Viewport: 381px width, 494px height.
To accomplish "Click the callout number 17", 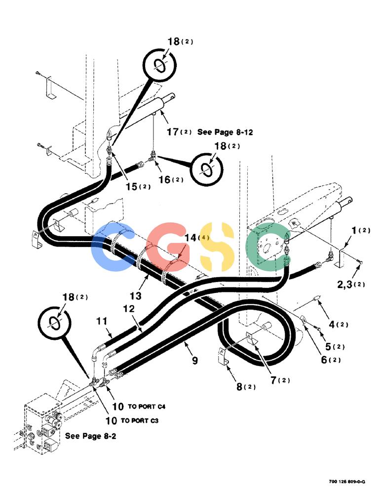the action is click(173, 132).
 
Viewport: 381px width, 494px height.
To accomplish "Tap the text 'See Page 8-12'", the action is click(225, 132).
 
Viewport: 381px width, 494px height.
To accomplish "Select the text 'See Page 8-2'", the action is click(90, 436).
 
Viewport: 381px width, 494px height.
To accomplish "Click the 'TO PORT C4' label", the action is click(147, 407).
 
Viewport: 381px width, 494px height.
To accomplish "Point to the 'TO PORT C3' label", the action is click(140, 420).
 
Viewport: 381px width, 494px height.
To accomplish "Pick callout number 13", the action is click(135, 296).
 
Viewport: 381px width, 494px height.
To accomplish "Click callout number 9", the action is click(195, 360).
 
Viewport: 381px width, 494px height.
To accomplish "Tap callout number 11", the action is click(101, 322).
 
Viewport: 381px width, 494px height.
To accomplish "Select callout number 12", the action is click(129, 309).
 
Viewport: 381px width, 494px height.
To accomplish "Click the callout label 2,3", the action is click(345, 285).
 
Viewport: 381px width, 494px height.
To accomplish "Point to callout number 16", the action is click(164, 180).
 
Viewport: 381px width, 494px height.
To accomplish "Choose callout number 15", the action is click(132, 187).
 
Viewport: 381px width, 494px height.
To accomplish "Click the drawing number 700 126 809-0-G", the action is click(347, 481).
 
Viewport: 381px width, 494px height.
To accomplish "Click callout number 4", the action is click(332, 324).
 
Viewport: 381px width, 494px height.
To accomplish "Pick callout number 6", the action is click(324, 360).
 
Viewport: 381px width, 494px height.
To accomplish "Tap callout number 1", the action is click(354, 230).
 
